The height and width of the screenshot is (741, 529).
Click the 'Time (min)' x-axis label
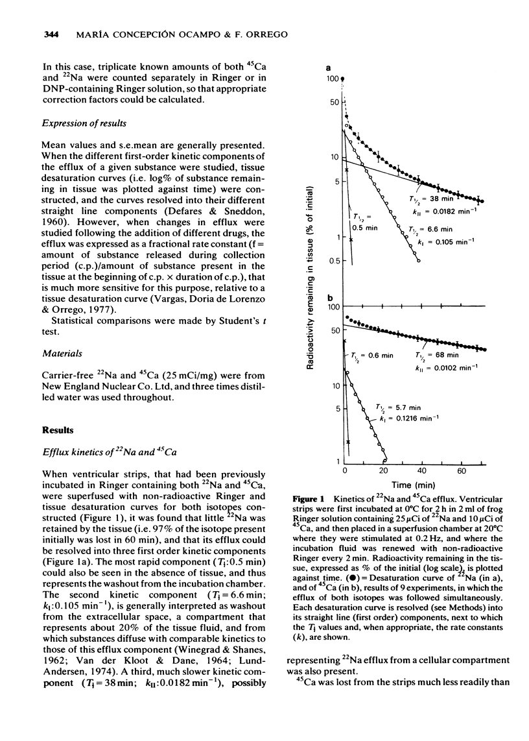pos(408,485)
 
